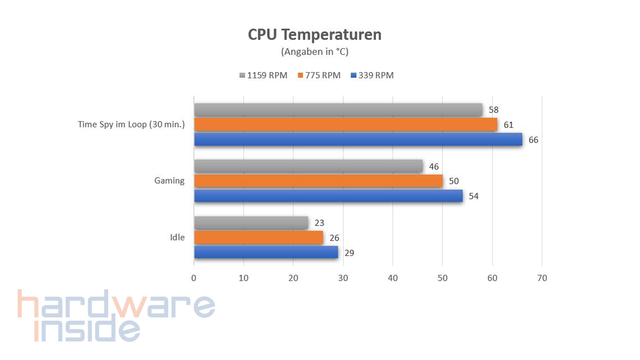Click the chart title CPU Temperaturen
[x=314, y=35]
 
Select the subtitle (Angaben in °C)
[x=314, y=52]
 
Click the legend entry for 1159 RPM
[x=263, y=75]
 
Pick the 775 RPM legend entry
[x=319, y=75]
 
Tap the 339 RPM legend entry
[x=372, y=75]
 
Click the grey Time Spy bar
[x=338, y=110]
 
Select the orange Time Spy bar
[x=345, y=124]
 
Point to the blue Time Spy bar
[x=358, y=139]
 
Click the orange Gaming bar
[x=318, y=181]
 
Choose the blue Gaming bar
[x=328, y=196]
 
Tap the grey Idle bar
[x=251, y=223]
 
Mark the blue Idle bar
[x=266, y=252]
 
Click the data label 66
[x=533, y=140]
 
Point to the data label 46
[x=434, y=167]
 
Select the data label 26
[x=334, y=238]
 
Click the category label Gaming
[x=169, y=181]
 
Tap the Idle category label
[x=177, y=237]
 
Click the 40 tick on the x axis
[x=393, y=278]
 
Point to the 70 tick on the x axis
[x=542, y=278]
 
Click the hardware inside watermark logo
[x=116, y=315]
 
